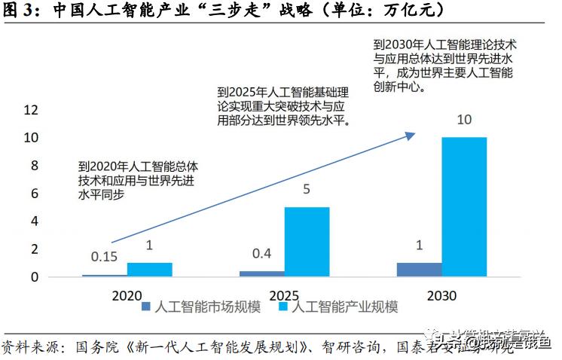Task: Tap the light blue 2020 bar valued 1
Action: click(149, 269)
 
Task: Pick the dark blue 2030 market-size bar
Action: click(419, 270)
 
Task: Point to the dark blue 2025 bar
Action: click(261, 273)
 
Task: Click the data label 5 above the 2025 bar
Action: click(307, 190)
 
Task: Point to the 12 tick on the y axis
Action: click(30, 110)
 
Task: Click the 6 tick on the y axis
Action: click(34, 194)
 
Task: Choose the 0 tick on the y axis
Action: click(34, 277)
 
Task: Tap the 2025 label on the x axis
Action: click(284, 296)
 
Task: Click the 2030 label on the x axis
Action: click(441, 296)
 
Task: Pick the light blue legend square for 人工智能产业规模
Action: click(283, 307)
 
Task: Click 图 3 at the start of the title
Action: click(17, 11)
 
